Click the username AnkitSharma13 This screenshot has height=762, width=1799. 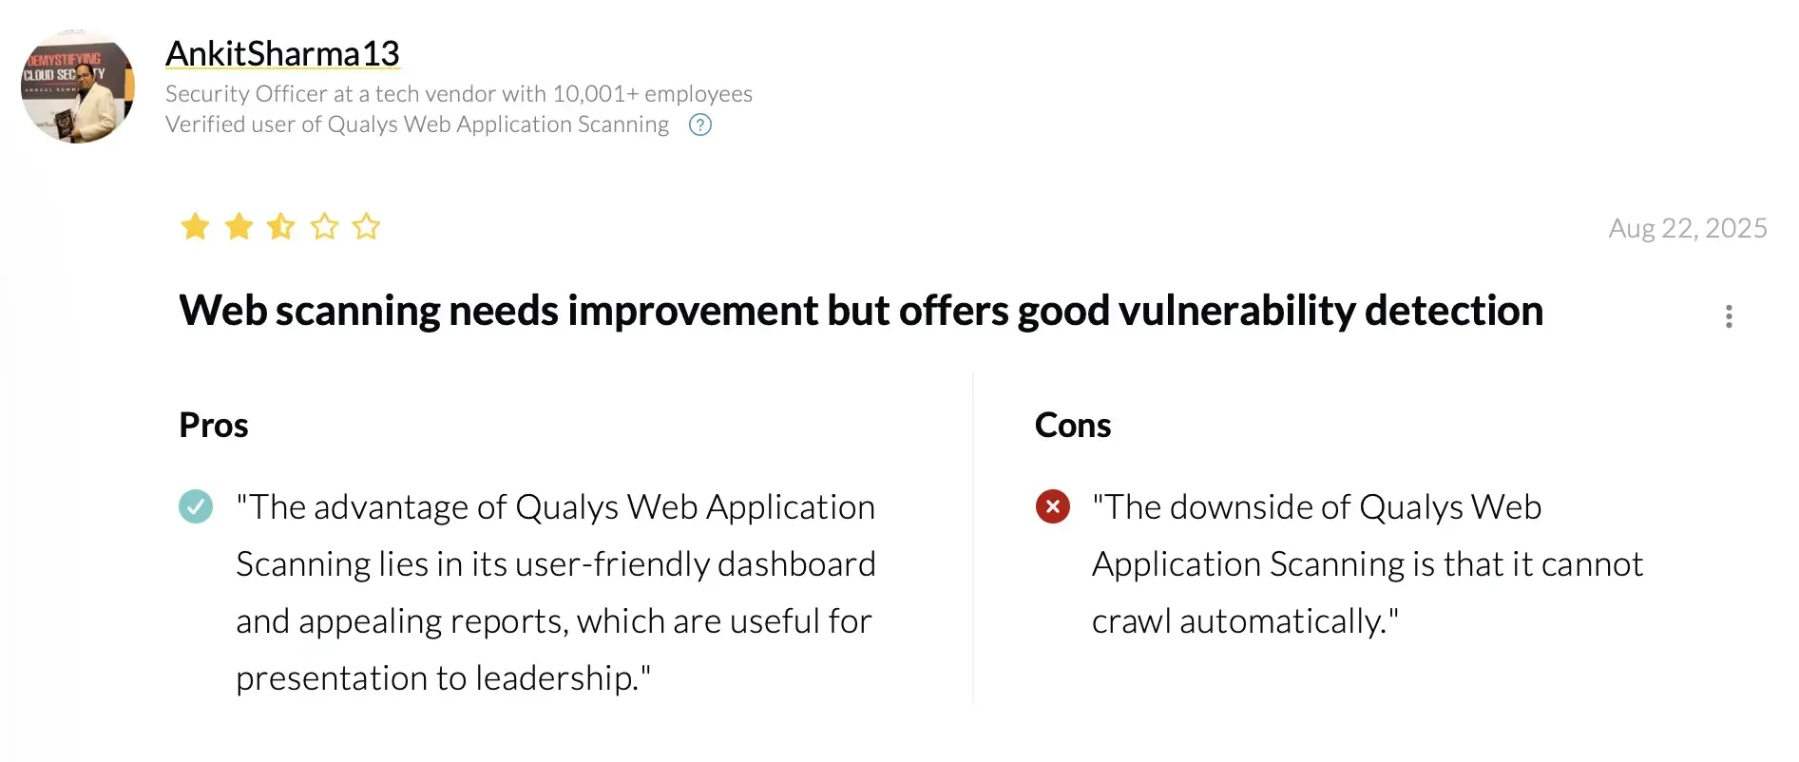[282, 54]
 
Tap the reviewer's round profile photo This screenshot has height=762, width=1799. [78, 86]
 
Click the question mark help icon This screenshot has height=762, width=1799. [700, 124]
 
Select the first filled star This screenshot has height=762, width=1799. [195, 226]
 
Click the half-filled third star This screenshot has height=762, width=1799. [281, 226]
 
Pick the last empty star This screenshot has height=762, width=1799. [366, 226]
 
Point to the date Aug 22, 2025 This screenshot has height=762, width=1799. [1688, 228]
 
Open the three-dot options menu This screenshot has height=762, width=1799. [1729, 316]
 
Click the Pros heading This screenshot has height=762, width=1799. [214, 425]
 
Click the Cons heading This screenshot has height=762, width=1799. [1073, 425]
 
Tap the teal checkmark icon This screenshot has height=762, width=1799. [196, 506]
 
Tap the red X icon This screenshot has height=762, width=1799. [1053, 506]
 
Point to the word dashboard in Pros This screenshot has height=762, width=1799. [796, 564]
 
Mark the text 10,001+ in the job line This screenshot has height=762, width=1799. [595, 94]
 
